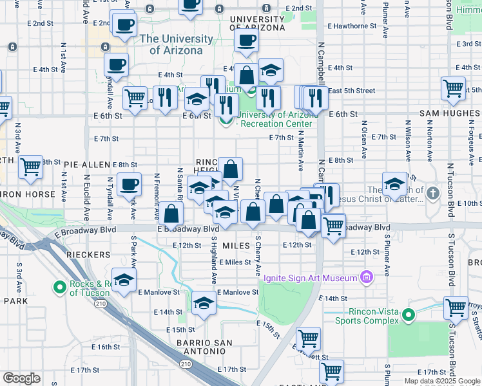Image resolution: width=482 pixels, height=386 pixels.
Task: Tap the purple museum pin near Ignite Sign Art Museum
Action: [x=367, y=278]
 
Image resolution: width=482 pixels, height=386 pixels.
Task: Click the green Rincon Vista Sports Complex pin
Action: [x=408, y=315]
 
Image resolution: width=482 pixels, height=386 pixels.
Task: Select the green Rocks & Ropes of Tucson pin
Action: [x=59, y=287]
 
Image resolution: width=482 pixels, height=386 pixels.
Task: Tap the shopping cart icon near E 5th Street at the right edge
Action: [x=454, y=87]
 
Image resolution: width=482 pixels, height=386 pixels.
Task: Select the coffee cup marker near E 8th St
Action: [x=129, y=184]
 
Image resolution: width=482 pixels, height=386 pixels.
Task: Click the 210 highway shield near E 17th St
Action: [x=186, y=365]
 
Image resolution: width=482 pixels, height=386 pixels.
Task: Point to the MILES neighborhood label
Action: [x=235, y=246]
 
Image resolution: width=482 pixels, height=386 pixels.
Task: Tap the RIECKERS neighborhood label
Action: [x=88, y=255]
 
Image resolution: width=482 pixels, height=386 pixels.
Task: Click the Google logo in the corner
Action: [x=21, y=378]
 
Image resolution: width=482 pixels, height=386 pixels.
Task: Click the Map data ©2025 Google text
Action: [x=441, y=381]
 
